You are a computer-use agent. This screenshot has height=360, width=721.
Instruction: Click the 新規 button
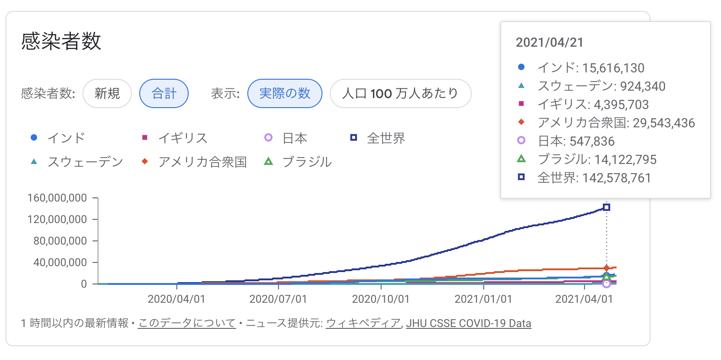(x=107, y=93)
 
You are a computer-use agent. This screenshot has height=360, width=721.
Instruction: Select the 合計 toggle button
(x=164, y=93)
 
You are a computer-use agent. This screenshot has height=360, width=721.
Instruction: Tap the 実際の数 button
(x=284, y=93)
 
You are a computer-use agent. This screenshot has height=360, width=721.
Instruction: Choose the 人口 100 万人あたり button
(x=400, y=93)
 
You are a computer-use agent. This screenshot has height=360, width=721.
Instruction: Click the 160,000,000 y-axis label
(x=57, y=198)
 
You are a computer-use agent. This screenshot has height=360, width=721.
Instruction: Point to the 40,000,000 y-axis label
(x=60, y=262)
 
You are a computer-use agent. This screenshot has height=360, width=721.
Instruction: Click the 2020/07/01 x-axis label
(x=278, y=299)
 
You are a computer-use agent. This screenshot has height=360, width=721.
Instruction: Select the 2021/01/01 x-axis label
(x=483, y=299)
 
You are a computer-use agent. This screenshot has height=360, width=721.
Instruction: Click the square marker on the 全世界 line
(x=606, y=207)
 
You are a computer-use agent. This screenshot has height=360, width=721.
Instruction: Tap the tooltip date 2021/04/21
(x=550, y=43)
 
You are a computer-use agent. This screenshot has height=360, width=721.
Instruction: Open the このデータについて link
(x=186, y=323)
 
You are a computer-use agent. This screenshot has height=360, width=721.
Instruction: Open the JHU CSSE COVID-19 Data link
(x=469, y=323)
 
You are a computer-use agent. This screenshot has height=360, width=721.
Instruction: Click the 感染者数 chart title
(x=61, y=41)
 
